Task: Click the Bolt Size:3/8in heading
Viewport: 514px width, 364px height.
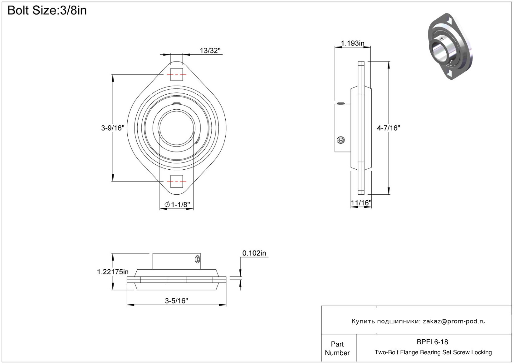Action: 47,11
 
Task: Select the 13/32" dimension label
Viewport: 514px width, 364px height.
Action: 210,51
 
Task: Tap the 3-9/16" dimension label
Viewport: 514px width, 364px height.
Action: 113,128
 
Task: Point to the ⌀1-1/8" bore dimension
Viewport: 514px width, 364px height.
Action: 177,205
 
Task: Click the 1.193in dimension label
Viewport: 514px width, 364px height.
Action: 352,43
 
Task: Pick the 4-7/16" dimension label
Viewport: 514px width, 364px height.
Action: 389,128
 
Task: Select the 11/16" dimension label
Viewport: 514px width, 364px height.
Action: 361,203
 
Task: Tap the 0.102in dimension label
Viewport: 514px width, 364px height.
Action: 254,253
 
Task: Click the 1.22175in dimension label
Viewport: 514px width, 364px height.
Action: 113,272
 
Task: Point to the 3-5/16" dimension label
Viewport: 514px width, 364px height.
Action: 176,301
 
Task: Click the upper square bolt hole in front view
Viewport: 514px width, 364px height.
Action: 176,74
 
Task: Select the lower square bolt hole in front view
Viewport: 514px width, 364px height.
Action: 176,181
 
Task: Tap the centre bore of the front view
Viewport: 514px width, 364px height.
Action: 176,128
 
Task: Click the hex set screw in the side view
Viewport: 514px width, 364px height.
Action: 340,140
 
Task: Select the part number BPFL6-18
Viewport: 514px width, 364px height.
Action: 432,342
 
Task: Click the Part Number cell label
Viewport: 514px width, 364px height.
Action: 337,348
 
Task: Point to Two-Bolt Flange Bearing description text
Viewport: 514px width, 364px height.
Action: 433,352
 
